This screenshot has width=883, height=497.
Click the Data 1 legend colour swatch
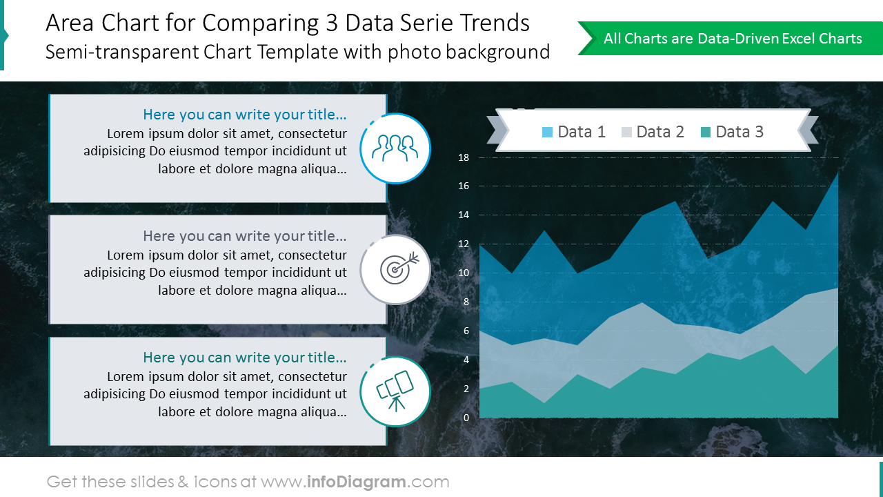pos(548,132)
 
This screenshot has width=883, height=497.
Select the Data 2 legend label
pos(660,132)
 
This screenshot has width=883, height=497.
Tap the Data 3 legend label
pos(740,132)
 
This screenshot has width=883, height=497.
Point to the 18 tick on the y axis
pos(464,157)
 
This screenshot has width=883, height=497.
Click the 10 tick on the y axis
pos(464,273)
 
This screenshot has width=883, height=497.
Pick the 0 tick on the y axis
pos(466,418)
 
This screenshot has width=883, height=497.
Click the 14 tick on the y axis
pos(464,215)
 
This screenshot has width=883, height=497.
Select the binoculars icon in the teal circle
pos(395,390)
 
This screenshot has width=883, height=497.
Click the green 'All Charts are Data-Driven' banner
pos(732,39)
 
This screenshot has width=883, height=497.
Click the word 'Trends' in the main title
pos(496,23)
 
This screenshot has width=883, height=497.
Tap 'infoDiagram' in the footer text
pos(356,482)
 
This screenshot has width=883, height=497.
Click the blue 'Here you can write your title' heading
pos(244,115)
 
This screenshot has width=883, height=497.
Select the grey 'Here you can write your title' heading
pos(244,236)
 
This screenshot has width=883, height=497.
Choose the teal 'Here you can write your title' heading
pos(244,358)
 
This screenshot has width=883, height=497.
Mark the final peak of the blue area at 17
pos(837,173)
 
